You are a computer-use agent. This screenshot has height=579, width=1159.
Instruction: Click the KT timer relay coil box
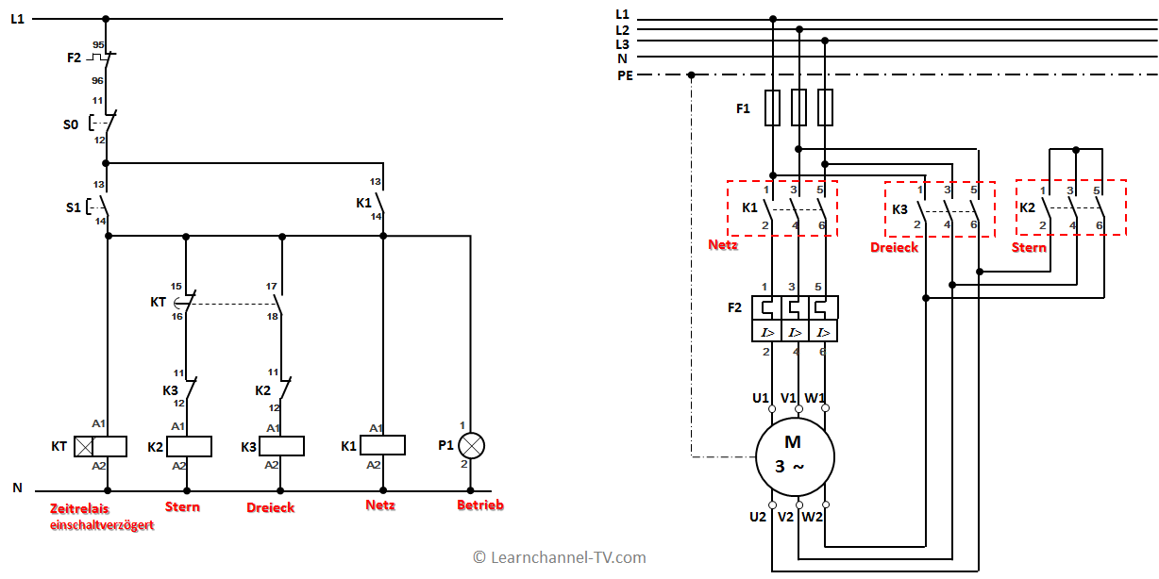100,447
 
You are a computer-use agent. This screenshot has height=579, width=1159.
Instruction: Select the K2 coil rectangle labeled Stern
189,447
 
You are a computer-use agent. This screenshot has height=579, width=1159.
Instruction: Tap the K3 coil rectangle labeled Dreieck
281,446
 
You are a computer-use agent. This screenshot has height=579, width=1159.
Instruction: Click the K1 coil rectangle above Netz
382,445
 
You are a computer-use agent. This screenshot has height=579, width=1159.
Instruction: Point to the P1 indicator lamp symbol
472,446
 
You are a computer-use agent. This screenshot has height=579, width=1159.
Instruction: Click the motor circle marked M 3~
795,457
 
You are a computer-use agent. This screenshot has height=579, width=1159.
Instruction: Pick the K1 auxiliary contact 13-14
380,202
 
